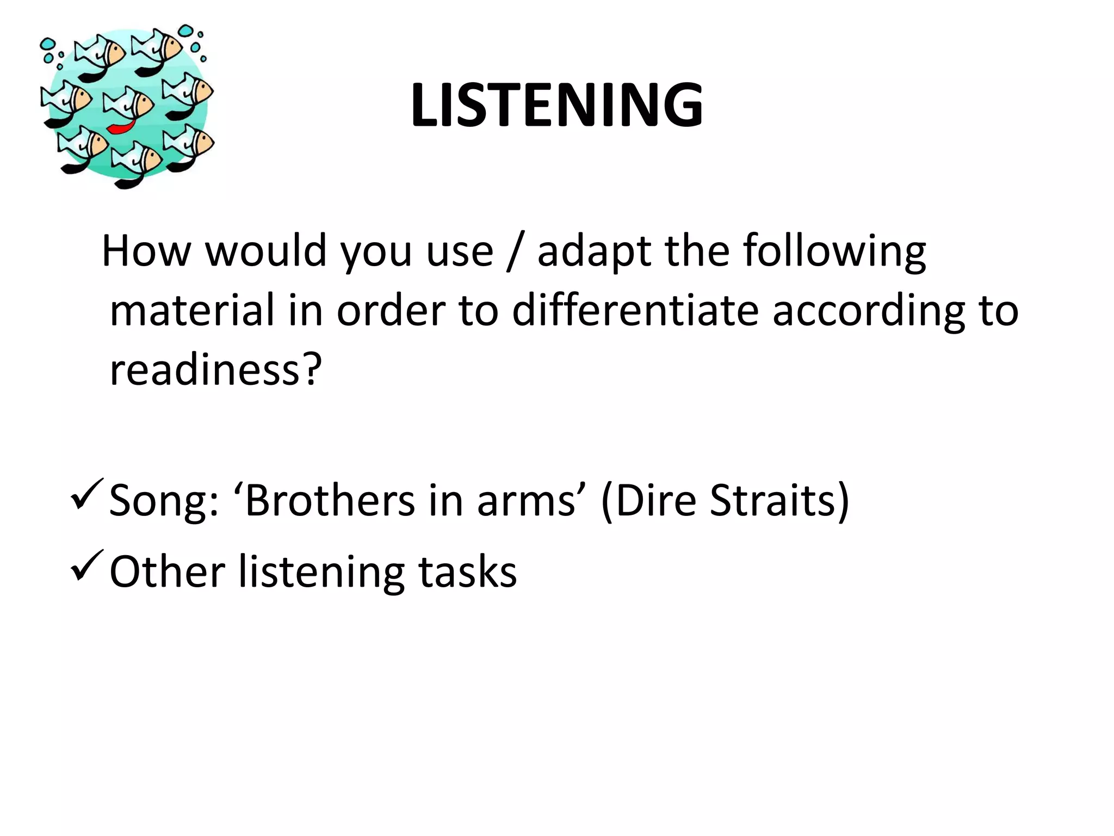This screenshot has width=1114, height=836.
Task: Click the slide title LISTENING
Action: (556, 105)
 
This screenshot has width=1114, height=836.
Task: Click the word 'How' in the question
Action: (146, 251)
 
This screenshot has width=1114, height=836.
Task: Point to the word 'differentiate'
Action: (635, 311)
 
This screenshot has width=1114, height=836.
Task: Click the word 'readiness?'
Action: (216, 370)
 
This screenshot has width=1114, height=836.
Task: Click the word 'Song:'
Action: (164, 501)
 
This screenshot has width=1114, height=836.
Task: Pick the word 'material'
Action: (191, 311)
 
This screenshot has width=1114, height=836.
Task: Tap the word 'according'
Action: (868, 311)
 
